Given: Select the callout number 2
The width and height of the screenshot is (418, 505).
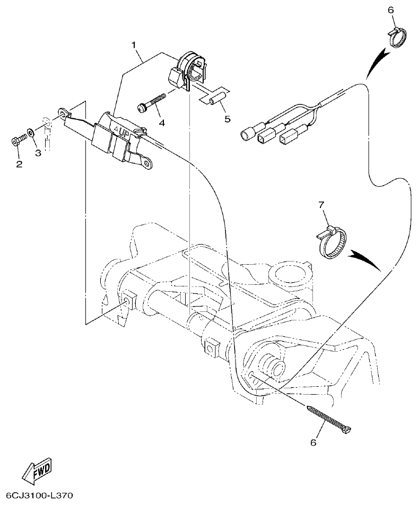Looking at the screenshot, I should [x=19, y=164].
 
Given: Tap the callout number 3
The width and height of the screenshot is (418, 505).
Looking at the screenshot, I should [x=38, y=153].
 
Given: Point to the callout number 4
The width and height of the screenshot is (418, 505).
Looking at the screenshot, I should [x=161, y=123].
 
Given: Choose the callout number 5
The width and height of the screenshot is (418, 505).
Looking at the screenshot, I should [x=228, y=119].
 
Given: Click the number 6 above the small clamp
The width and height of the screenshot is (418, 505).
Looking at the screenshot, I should [x=391, y=11].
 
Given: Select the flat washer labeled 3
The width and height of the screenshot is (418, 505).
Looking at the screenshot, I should [x=32, y=132].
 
